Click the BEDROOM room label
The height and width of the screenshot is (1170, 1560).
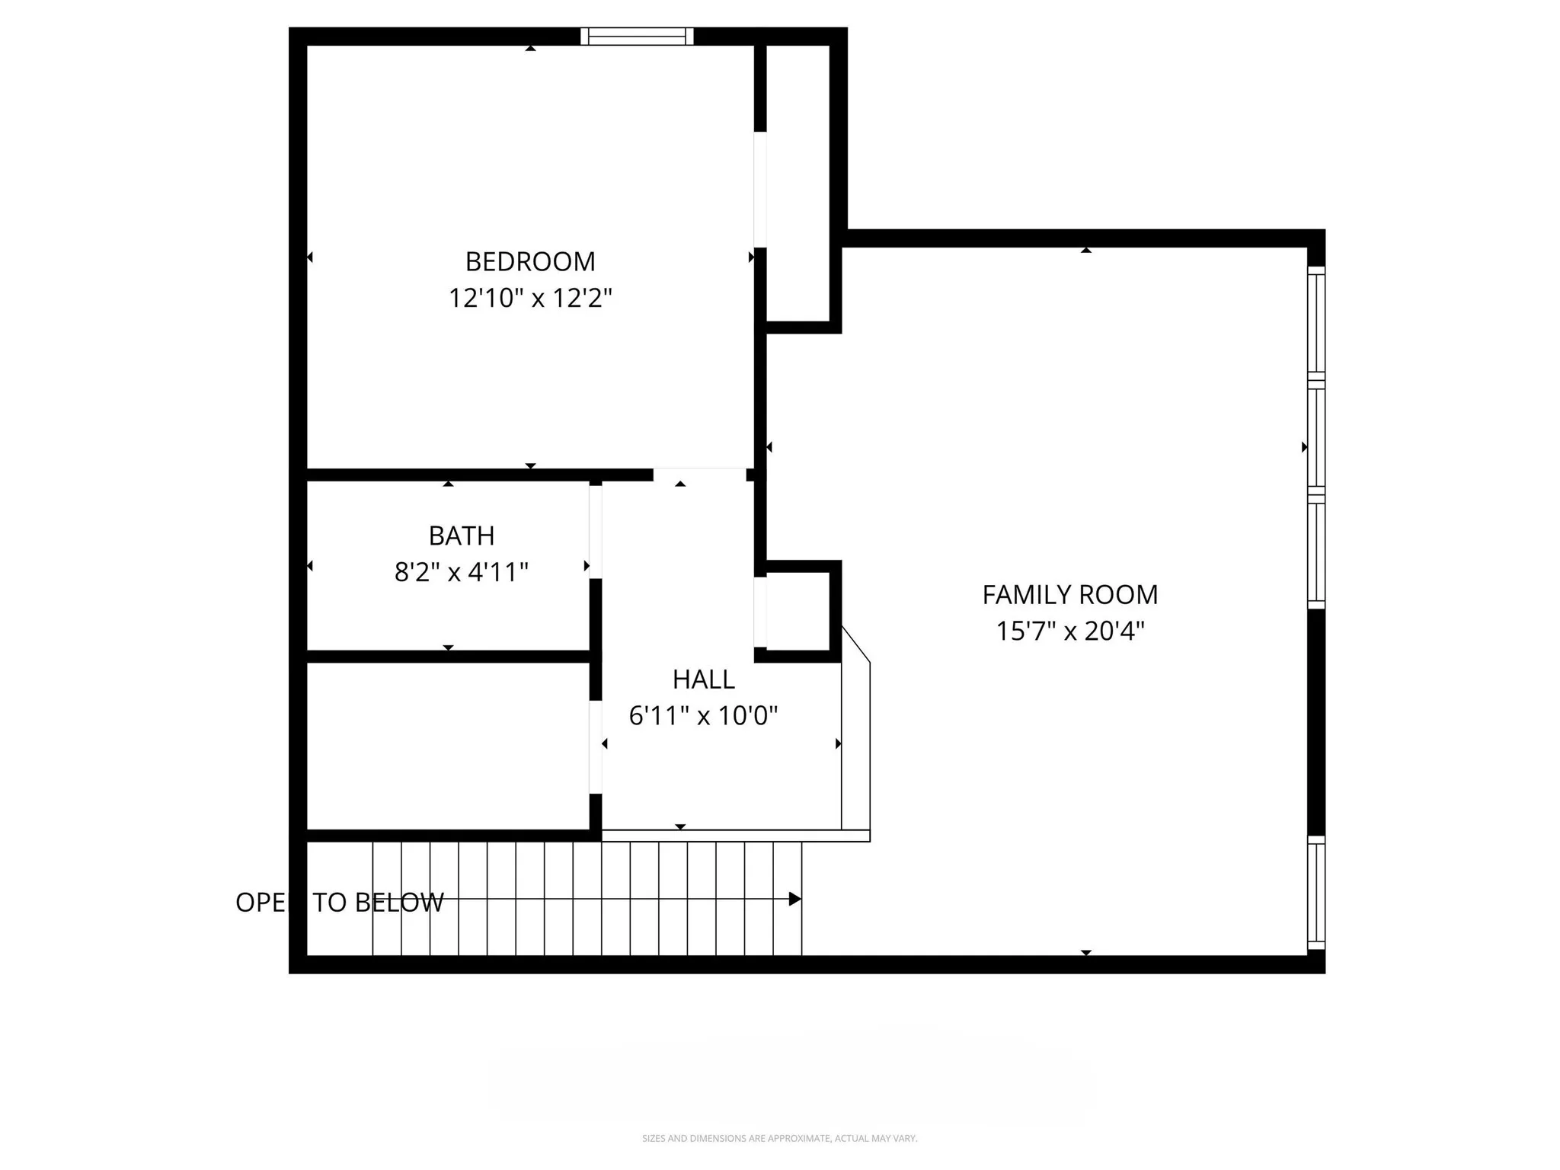click(x=530, y=261)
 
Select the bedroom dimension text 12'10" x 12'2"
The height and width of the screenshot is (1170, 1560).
click(x=530, y=298)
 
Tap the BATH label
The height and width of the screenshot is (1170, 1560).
click(x=462, y=535)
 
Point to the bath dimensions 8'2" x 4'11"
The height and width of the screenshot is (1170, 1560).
click(x=462, y=572)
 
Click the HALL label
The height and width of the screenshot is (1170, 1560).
click(x=703, y=679)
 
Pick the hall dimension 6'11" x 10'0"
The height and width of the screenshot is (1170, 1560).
click(x=703, y=715)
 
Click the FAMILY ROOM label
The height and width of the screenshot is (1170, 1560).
click(x=1069, y=594)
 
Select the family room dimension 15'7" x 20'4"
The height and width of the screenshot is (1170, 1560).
click(x=1069, y=631)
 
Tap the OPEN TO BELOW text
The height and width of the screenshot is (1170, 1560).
click(x=339, y=902)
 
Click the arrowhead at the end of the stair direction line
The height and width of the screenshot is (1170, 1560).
click(x=794, y=899)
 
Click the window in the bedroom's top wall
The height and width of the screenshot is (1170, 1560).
click(x=637, y=36)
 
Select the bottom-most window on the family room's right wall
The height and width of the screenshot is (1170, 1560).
click(x=1316, y=893)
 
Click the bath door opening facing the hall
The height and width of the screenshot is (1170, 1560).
click(x=596, y=531)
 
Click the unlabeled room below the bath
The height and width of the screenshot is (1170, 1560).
click(x=448, y=745)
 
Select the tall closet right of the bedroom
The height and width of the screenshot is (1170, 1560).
click(x=798, y=183)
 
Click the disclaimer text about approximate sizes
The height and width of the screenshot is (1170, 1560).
click(x=779, y=1138)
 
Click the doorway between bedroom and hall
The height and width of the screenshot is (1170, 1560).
click(x=699, y=474)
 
